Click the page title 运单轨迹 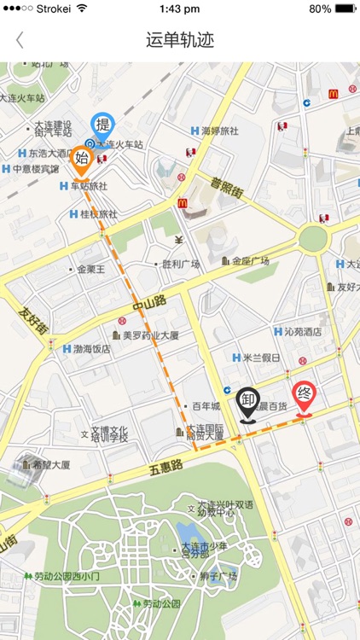pos(180,40)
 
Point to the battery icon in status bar pos(346,9)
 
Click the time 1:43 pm pos(179,9)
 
